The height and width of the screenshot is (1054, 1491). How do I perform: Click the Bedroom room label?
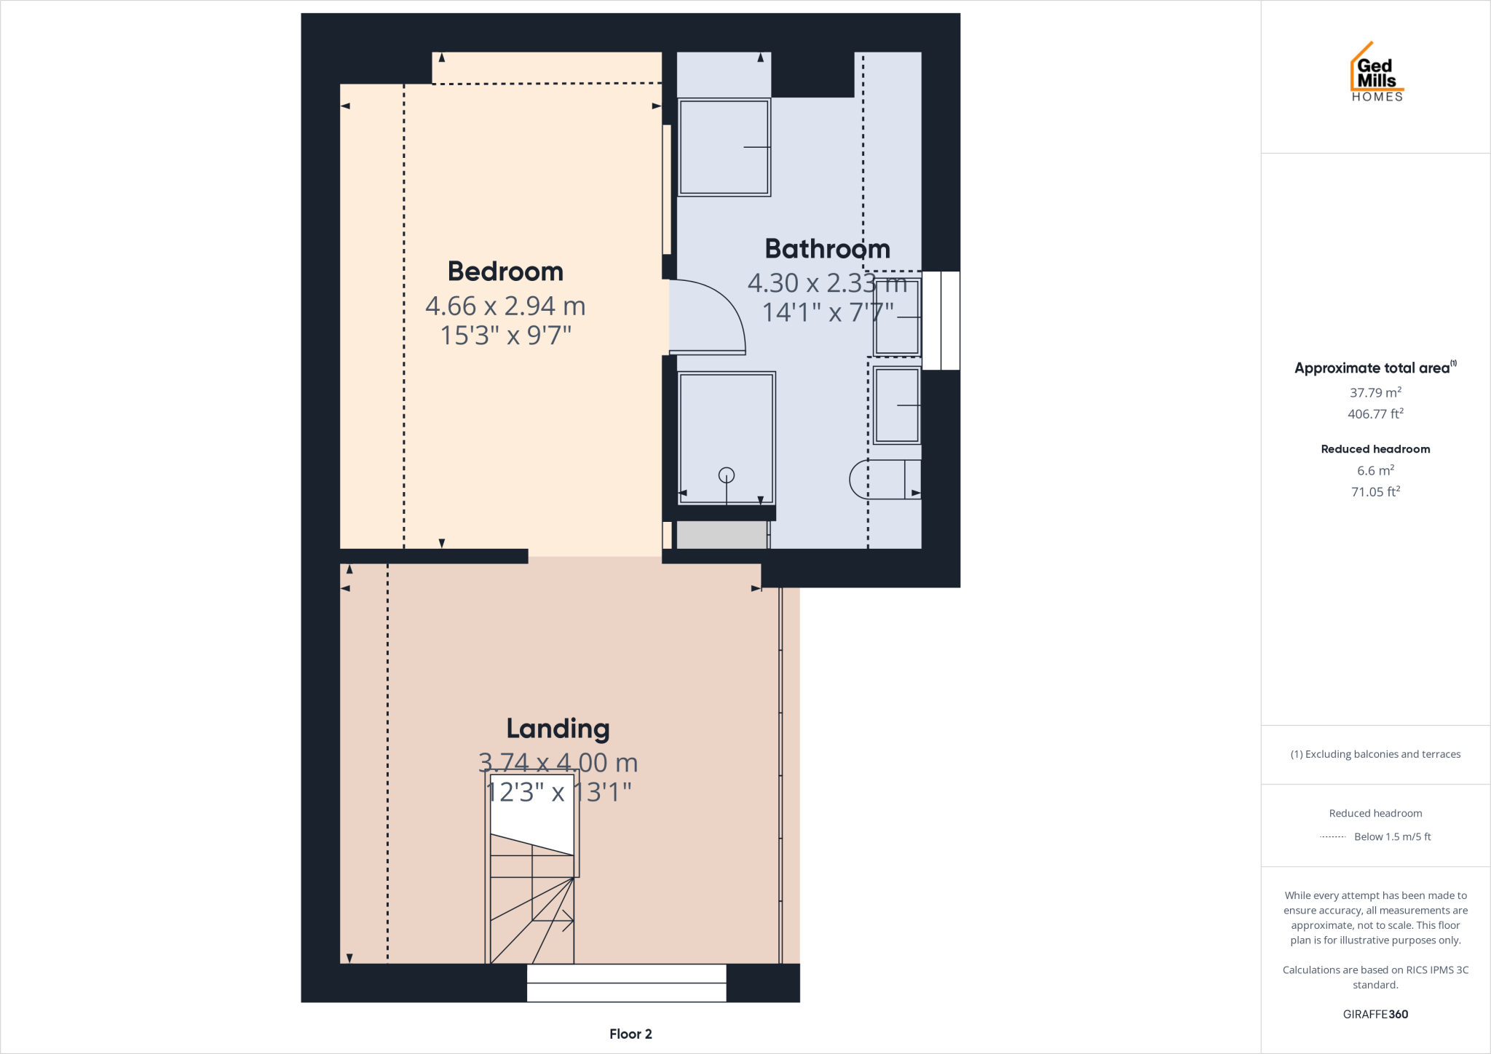pos(505,272)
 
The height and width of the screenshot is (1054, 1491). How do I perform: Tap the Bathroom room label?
pos(827,249)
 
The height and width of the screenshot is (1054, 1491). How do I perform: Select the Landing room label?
pos(558,729)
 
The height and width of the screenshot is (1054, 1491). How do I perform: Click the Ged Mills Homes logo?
pos(1376,73)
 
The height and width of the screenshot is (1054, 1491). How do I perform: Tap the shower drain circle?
pos(727,475)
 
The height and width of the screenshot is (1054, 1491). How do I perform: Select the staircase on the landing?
pos(531,903)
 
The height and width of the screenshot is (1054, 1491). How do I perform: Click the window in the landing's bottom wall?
pos(626,983)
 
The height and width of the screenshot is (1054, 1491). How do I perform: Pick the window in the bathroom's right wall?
pos(941,320)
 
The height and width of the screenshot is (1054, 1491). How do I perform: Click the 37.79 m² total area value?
pos(1375,392)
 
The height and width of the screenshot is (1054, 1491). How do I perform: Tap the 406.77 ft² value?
pos(1375,413)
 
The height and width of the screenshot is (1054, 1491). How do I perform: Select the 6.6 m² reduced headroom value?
pos(1375,470)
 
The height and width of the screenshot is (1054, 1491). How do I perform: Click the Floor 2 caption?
pos(630,1034)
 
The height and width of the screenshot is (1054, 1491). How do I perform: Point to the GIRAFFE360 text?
pos(1375,1014)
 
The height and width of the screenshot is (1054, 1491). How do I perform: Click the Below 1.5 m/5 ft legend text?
pos(1392,836)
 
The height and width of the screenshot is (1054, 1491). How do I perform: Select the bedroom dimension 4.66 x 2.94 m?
pos(505,306)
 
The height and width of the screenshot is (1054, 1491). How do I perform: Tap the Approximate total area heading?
pos(1372,368)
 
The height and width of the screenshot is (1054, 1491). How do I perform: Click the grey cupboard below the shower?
pos(721,535)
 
